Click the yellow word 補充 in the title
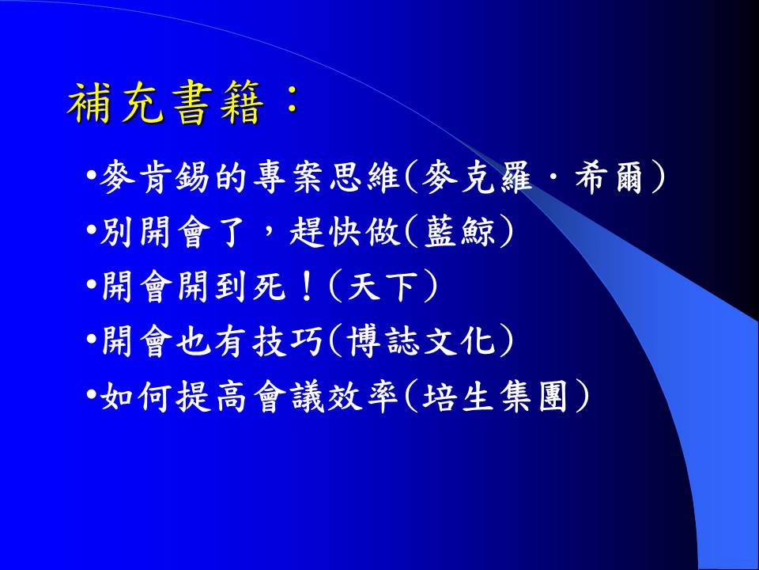[x=114, y=103]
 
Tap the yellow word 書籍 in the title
[x=215, y=103]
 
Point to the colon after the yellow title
[x=291, y=103]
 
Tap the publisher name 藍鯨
[x=460, y=232]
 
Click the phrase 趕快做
[x=346, y=232]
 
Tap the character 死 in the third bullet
[x=269, y=286]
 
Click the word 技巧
[x=288, y=341]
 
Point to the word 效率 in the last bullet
[x=363, y=397]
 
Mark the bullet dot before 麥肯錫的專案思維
[x=92, y=176]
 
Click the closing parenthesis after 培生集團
[x=582, y=397]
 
